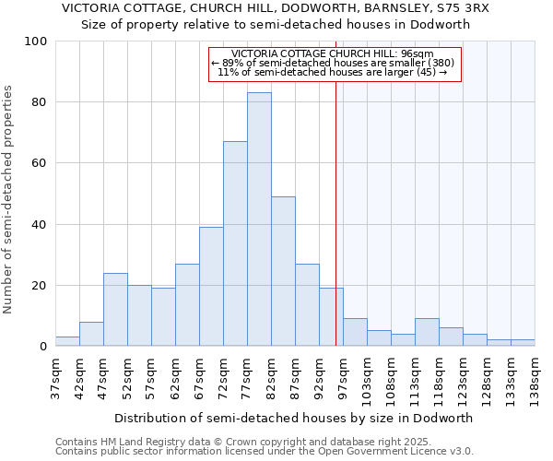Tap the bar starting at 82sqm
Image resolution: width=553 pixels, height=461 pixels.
click(x=283, y=271)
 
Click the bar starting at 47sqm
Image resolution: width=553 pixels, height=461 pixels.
click(x=115, y=309)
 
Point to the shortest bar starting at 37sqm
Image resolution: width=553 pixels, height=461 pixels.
click(x=67, y=341)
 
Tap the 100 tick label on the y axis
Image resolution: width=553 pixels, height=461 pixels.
click(x=37, y=41)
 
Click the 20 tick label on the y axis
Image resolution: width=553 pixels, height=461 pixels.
click(x=41, y=286)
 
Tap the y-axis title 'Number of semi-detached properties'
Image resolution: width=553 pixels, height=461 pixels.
click(x=9, y=199)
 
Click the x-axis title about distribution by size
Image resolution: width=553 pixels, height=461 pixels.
click(x=293, y=418)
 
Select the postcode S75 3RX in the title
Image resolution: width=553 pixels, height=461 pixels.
click(x=465, y=8)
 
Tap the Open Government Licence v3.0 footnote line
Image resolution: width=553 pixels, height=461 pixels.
click(x=265, y=451)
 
